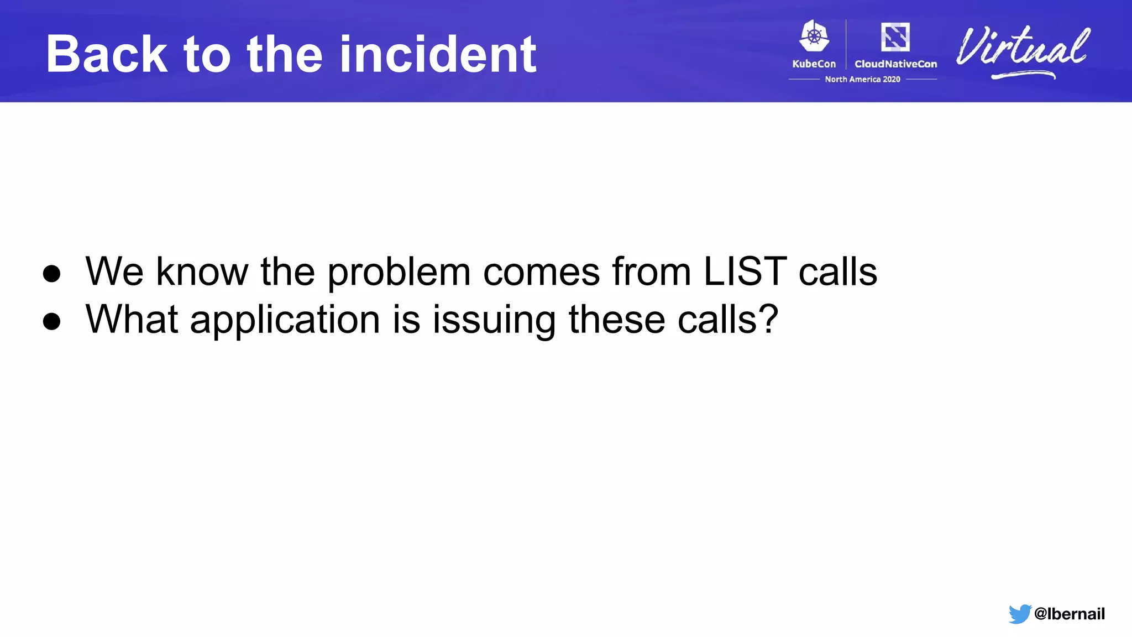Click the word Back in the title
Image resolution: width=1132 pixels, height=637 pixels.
[107, 54]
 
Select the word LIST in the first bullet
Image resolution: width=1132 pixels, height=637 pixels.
[745, 271]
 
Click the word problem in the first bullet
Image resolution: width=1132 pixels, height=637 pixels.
[399, 273]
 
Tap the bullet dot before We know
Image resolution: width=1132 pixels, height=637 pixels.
[51, 273]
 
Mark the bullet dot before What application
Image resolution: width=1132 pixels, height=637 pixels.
[51, 321]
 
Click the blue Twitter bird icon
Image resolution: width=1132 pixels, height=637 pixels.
[1019, 614]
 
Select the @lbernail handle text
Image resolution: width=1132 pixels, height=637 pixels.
[1069, 614]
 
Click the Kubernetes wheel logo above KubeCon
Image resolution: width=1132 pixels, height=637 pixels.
[814, 36]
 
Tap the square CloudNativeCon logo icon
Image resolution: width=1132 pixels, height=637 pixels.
[895, 37]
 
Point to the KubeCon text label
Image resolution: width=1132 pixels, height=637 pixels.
[814, 64]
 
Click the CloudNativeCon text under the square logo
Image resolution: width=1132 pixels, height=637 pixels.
[895, 64]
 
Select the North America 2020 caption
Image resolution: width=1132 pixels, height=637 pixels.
[862, 80]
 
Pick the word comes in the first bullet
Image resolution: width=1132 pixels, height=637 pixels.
[541, 273]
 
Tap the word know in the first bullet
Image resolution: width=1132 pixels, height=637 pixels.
[202, 271]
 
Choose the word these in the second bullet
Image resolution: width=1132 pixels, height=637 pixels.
[616, 320]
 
